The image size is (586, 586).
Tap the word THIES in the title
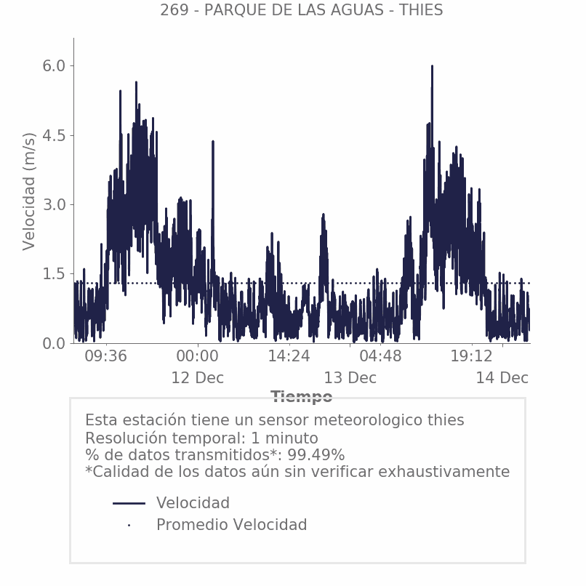pyautogui.click(x=421, y=10)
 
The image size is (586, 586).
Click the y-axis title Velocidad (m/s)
pyautogui.click(x=29, y=191)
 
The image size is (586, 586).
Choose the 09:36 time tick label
pyautogui.click(x=106, y=357)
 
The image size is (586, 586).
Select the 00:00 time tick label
pyautogui.click(x=197, y=357)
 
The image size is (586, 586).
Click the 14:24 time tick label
pyautogui.click(x=289, y=357)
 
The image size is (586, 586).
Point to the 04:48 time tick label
pyautogui.click(x=380, y=357)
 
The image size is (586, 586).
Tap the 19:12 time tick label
pyautogui.click(x=472, y=357)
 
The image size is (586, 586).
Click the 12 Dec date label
pyautogui.click(x=197, y=378)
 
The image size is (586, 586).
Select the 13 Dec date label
pyautogui.click(x=350, y=378)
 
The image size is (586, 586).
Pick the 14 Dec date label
pyautogui.click(x=502, y=378)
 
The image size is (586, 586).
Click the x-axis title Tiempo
pyautogui.click(x=302, y=397)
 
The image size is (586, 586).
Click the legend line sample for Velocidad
pyautogui.click(x=129, y=503)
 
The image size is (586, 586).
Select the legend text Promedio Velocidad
pyautogui.click(x=231, y=525)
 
